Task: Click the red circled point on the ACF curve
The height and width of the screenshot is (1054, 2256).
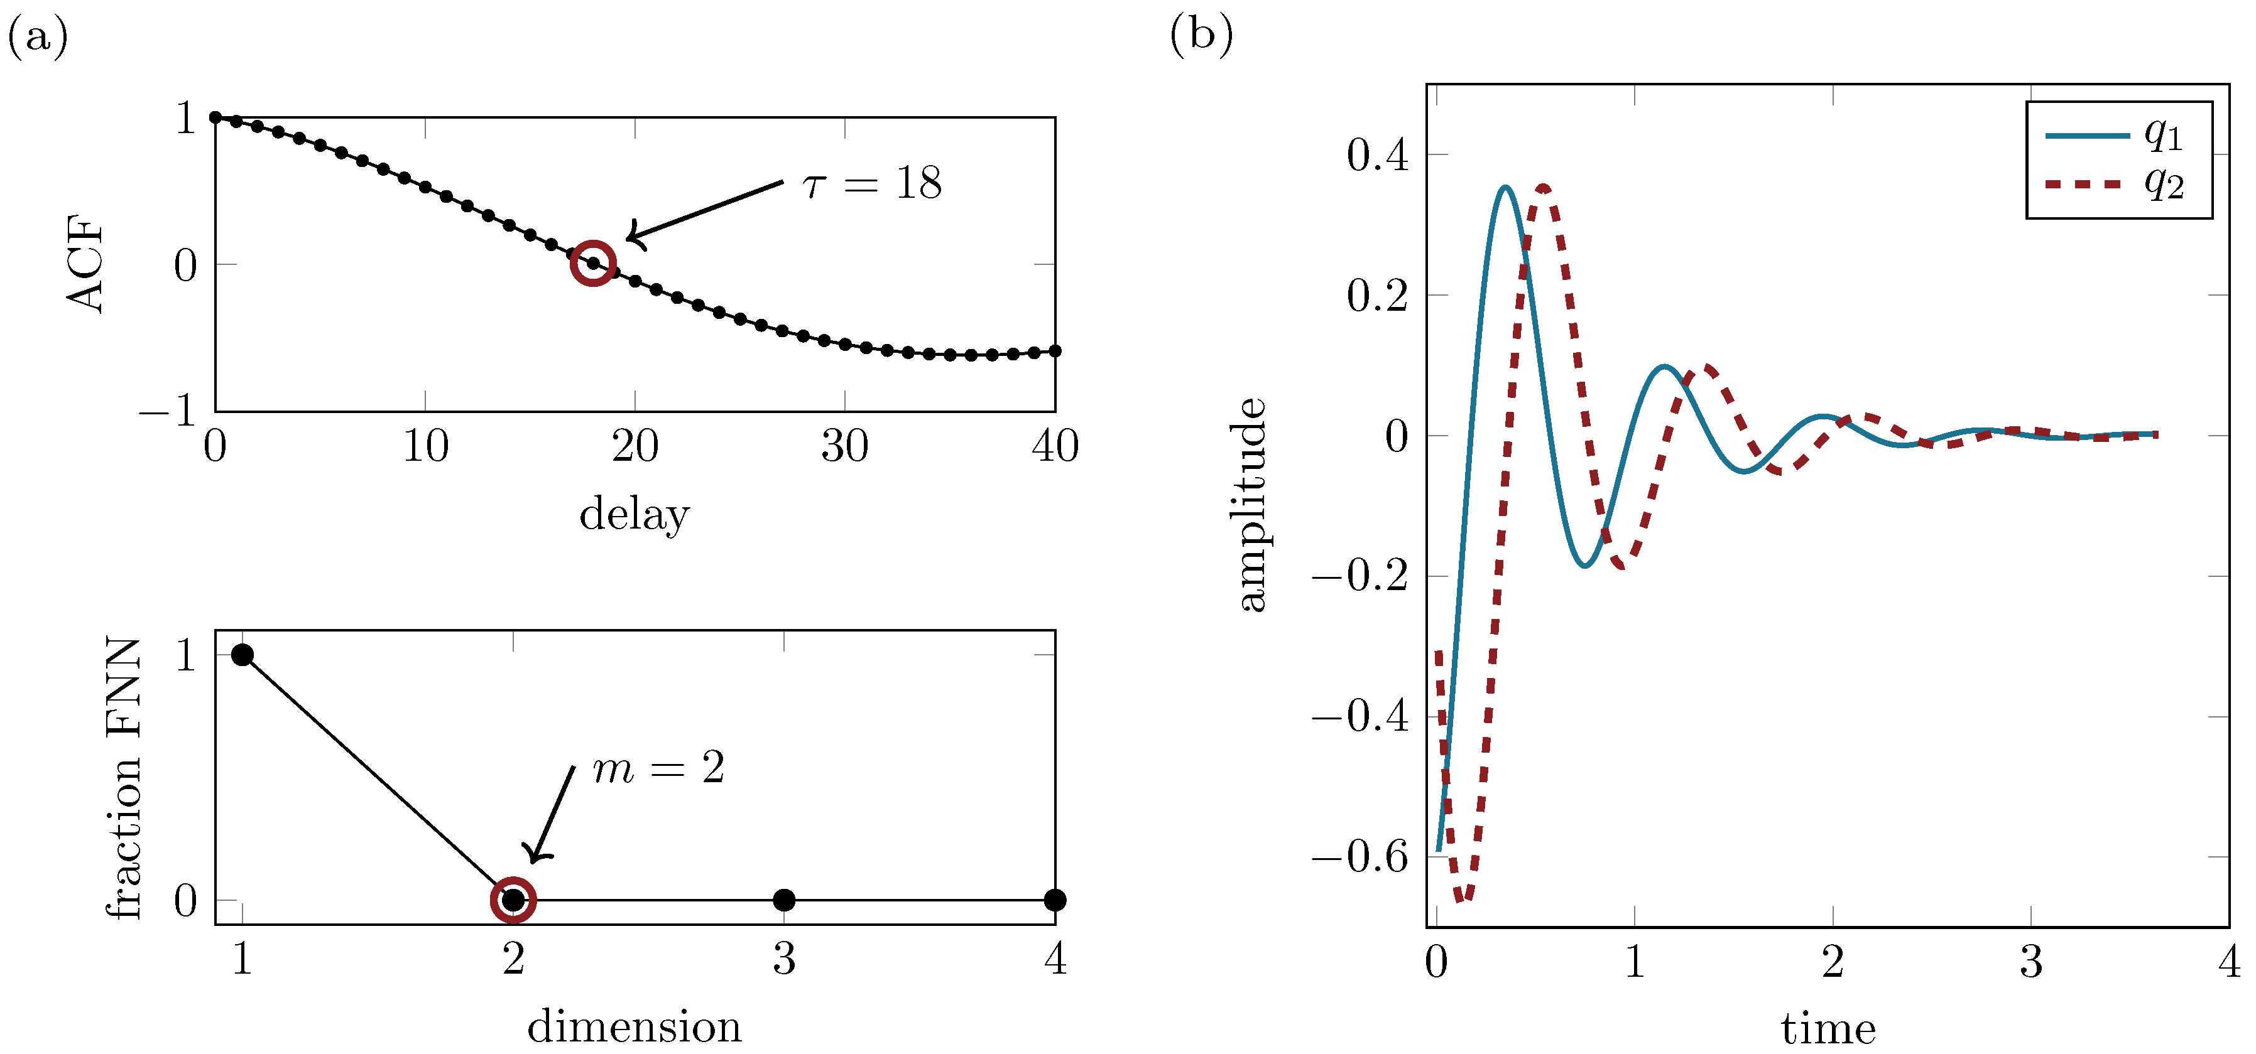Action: (x=593, y=262)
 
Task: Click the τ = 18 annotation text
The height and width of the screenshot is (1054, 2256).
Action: (x=872, y=183)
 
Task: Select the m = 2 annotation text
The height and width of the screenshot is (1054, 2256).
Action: (x=658, y=768)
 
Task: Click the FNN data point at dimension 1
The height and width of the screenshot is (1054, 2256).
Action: (x=242, y=655)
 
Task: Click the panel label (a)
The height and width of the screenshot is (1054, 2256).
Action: (x=38, y=37)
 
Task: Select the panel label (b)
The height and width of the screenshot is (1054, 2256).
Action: (x=1201, y=35)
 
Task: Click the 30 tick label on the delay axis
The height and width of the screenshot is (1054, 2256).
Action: (x=844, y=448)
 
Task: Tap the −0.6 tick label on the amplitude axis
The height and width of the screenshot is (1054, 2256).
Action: (x=1360, y=856)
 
